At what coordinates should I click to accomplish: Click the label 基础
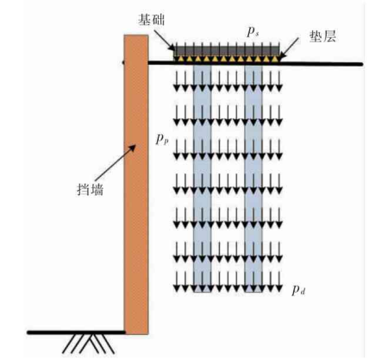point(151,20)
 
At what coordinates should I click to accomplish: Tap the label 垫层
point(322,36)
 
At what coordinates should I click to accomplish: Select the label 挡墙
point(90,190)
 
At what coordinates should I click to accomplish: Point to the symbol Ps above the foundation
point(253,33)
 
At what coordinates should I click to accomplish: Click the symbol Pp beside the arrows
point(162,140)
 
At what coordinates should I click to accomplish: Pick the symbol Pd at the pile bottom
point(298,290)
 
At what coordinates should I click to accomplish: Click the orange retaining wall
point(136,185)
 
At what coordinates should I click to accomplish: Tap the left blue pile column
point(203,178)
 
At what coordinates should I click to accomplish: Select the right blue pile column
point(253,178)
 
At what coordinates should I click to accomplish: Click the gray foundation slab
point(227,51)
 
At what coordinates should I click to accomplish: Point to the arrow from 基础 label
point(164,38)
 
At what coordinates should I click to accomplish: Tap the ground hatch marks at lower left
point(89,344)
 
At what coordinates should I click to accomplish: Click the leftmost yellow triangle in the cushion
point(181,59)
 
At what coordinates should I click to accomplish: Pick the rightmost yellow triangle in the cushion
point(275,59)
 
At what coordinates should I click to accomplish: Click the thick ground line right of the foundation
point(322,64)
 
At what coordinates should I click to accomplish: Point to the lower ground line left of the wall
point(76,332)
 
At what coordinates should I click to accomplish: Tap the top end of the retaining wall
point(136,35)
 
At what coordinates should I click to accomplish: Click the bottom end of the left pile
point(203,292)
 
